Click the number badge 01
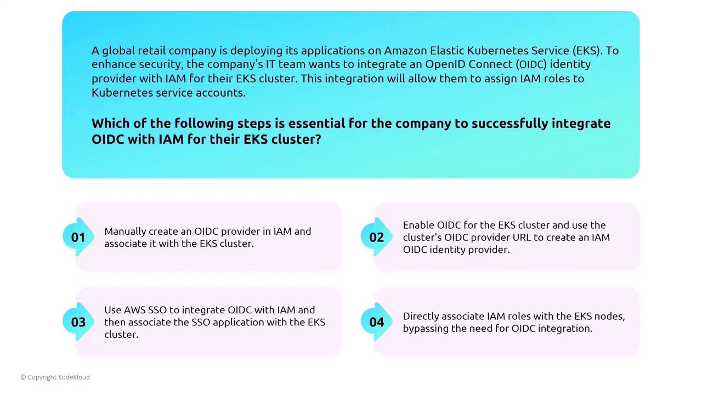(x=78, y=237)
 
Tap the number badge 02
(x=376, y=237)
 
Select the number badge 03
(x=78, y=321)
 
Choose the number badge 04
(x=376, y=321)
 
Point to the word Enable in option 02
(x=418, y=225)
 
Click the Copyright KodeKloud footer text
(x=55, y=377)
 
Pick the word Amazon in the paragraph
(x=405, y=50)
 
